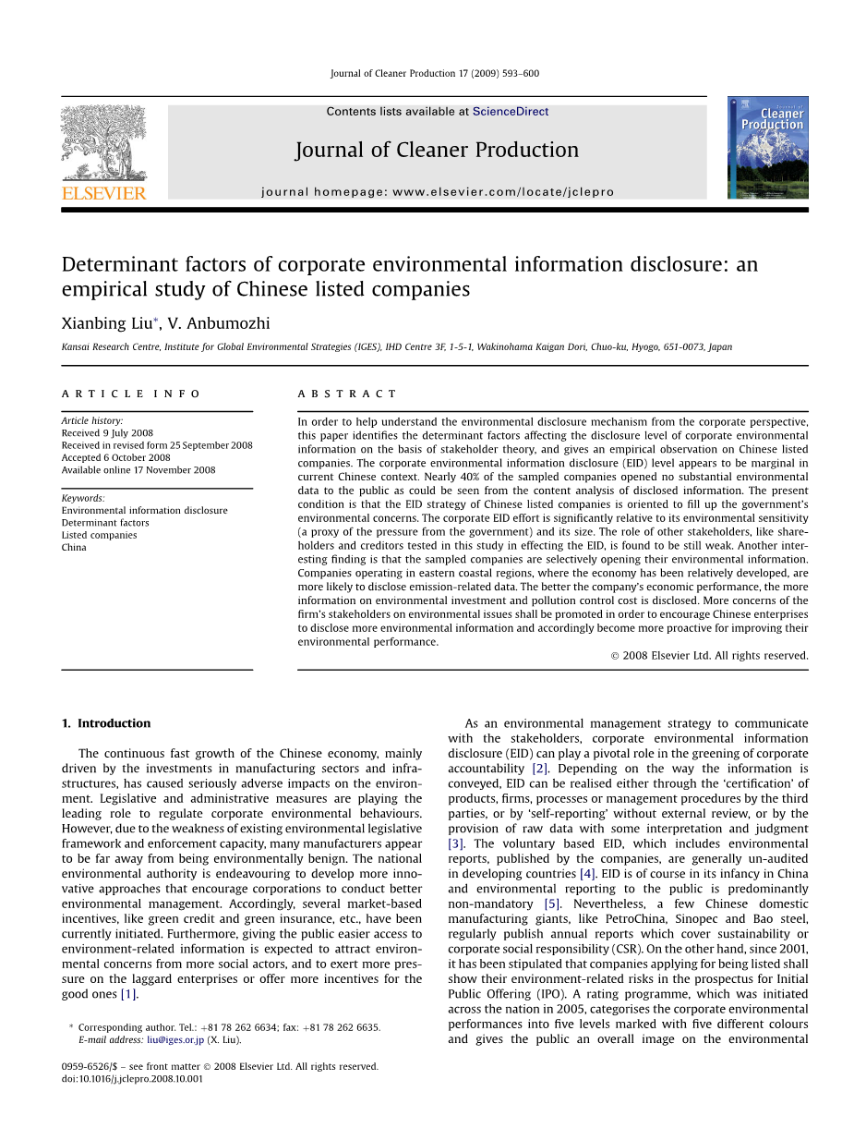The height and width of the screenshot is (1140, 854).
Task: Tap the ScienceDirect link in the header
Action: tap(511, 112)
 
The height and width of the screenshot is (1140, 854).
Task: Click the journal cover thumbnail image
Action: tap(767, 148)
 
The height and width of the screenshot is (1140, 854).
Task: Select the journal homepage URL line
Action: tap(438, 192)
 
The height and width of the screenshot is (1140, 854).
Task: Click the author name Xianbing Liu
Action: tap(109, 322)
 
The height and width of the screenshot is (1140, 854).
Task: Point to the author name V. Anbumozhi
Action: tap(219, 322)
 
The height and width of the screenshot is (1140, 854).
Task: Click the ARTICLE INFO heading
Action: tap(131, 394)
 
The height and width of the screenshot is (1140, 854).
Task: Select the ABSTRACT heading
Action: tap(347, 394)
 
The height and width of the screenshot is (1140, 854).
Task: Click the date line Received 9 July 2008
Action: tap(107, 433)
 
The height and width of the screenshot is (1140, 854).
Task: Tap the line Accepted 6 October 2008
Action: tap(115, 457)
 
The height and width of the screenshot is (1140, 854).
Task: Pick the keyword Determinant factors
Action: tap(105, 523)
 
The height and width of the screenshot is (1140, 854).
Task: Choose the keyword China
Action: tap(74, 547)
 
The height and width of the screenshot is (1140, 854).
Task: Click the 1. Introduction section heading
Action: tap(105, 723)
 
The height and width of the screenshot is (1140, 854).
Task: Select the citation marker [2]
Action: tap(540, 769)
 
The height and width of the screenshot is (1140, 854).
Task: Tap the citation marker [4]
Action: tap(587, 874)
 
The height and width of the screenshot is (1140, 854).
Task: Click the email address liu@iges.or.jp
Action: tap(175, 1039)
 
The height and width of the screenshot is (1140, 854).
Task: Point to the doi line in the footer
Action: tap(132, 1078)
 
